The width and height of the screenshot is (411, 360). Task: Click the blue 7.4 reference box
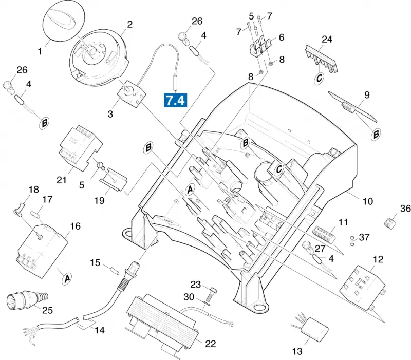click(x=175, y=100)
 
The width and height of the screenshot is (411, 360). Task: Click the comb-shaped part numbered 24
click(x=322, y=59)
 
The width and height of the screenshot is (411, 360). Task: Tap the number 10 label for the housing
click(x=368, y=201)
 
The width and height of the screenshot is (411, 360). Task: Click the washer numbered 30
click(x=207, y=303)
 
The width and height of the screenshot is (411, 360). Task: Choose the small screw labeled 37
click(x=352, y=240)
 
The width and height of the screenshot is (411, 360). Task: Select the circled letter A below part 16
click(x=67, y=279)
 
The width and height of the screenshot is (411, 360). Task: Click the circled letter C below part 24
click(x=319, y=78)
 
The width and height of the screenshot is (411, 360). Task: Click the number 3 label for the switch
click(x=110, y=114)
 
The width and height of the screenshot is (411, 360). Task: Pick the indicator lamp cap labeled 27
click(x=307, y=247)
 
